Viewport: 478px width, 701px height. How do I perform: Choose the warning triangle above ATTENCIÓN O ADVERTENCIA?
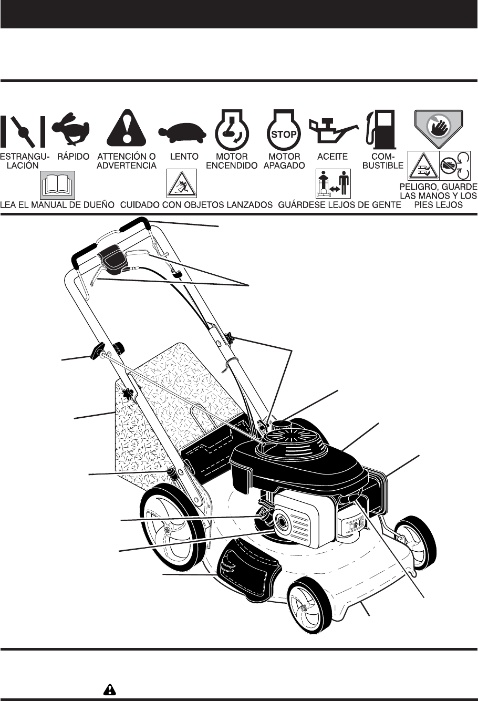coord(130,129)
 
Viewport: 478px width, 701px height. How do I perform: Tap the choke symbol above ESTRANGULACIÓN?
coord(23,130)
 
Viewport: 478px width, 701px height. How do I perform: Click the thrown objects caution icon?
coord(181,184)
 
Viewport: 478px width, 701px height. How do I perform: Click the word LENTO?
coord(184,157)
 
